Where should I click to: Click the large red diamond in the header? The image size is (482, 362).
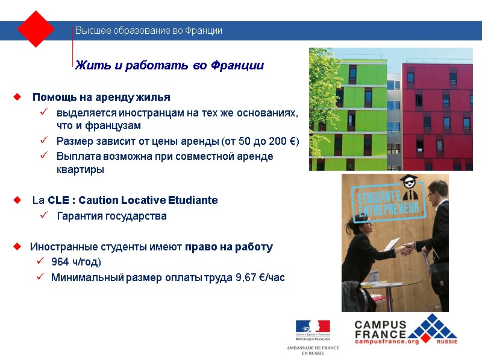(36, 28)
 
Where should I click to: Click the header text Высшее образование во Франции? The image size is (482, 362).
(148, 31)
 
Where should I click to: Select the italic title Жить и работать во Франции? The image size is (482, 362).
(170, 65)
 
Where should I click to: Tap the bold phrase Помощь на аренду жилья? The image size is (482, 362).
(101, 97)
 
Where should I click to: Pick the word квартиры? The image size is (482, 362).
(80, 170)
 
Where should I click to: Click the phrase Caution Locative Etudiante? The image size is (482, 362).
(148, 200)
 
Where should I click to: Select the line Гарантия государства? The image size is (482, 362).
(111, 216)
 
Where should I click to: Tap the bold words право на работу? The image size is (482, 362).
(229, 247)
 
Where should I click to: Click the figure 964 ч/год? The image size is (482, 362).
(76, 262)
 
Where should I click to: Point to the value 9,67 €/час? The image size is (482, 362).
(260, 278)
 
